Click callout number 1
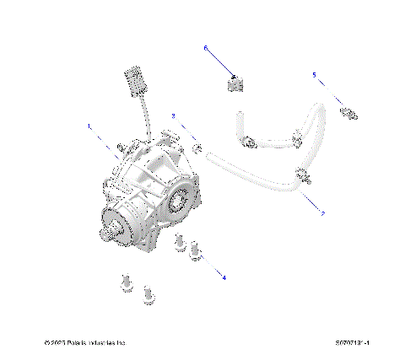tap(89, 126)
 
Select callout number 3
tap(173, 115)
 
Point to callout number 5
tap(314, 75)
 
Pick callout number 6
tap(205, 49)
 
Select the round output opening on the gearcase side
tap(178, 200)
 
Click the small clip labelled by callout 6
tap(235, 84)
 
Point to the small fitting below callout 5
tap(345, 110)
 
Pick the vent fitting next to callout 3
tap(198, 149)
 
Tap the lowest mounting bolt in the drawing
tap(149, 295)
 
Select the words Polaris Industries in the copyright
tap(98, 343)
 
